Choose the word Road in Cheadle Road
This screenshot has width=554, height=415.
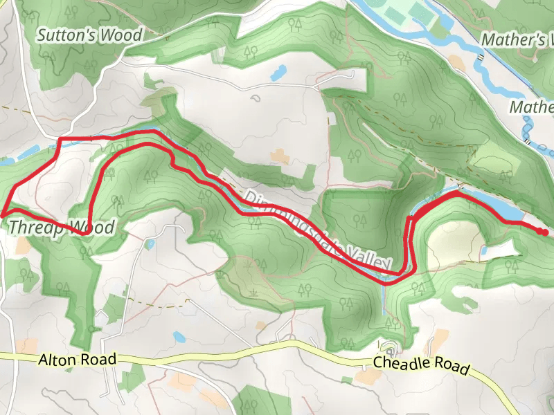(452, 367)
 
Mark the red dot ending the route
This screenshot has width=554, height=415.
(545, 232)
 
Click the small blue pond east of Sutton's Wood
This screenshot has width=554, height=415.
(279, 71)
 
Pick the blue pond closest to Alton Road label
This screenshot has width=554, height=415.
(179, 337)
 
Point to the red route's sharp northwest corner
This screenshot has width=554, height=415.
(59, 140)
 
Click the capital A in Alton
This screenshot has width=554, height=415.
(44, 360)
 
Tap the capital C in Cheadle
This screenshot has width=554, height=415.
(378, 362)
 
